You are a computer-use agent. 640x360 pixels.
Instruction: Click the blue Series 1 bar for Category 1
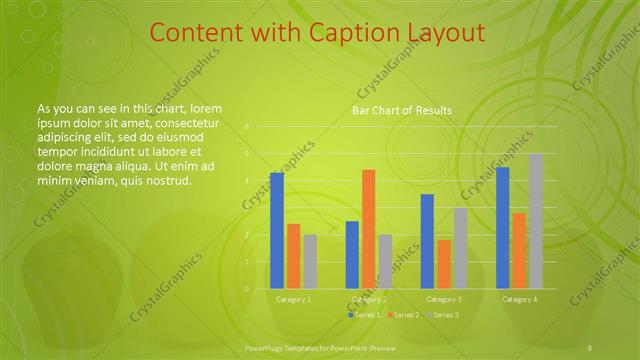coord(277,231)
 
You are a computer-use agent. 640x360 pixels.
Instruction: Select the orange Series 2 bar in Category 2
coord(369,229)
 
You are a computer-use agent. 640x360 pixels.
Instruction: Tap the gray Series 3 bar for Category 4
coord(536,221)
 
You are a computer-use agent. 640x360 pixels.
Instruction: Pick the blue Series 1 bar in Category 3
coord(427,241)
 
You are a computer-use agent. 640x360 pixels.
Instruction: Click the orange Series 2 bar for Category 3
coord(444,264)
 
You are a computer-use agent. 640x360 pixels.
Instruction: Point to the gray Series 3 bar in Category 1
coord(310,262)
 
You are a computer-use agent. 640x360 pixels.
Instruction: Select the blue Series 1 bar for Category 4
coord(502,228)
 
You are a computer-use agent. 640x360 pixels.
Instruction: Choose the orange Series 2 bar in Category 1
coord(294,256)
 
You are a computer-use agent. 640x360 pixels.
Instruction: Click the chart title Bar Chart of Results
coord(402,110)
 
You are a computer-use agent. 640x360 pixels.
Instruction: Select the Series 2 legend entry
coord(404,315)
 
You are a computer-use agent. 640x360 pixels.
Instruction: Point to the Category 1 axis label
coord(294,299)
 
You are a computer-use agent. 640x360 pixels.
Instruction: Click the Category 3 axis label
coord(444,299)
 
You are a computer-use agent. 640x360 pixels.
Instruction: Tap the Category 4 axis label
coord(519,299)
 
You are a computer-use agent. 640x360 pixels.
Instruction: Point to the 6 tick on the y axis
coord(247,127)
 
